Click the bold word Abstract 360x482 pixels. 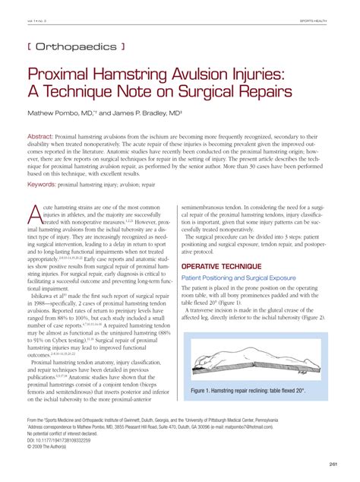pos(44,138)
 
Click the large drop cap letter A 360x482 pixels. pos(36,215)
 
